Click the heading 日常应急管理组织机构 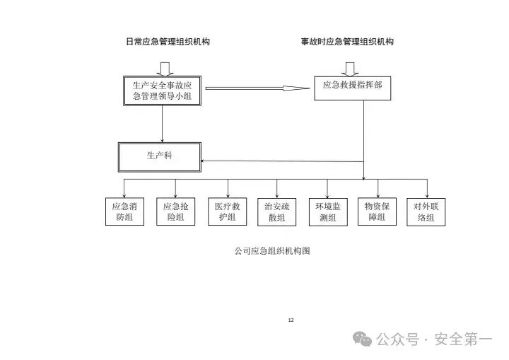tap(167, 42)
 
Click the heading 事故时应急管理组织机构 tap(347, 42)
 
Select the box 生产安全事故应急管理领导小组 tap(163, 90)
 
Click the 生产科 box tap(159, 156)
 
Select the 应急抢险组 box tap(175, 211)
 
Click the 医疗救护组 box tap(227, 211)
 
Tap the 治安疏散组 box tap(276, 211)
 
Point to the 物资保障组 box tap(377, 211)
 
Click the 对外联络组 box tap(427, 211)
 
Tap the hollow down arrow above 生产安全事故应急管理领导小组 tap(165, 67)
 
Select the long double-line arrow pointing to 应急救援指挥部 tap(257, 88)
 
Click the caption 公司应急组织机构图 tap(273, 251)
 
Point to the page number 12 tap(291, 320)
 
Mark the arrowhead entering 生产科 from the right tap(205, 161)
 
